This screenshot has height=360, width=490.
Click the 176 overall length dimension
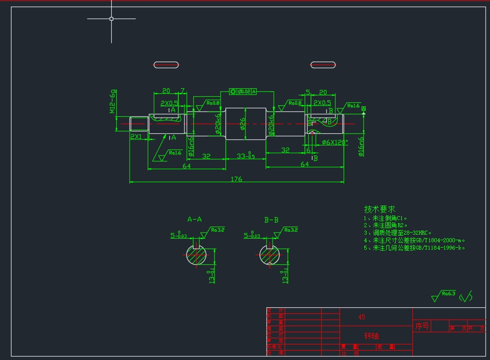(x=236, y=179)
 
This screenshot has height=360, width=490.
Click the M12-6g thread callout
(x=113, y=102)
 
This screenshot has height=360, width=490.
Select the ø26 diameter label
(x=243, y=123)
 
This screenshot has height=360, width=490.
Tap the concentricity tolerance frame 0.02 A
(x=243, y=91)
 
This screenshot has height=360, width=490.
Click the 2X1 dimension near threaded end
(x=136, y=136)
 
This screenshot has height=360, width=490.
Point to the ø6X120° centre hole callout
(x=335, y=142)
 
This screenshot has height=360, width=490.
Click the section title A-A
(x=194, y=219)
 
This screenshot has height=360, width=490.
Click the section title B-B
(x=271, y=220)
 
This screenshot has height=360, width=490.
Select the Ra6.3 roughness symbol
(x=444, y=295)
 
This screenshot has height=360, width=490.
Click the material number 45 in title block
(x=362, y=317)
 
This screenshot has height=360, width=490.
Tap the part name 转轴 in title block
(x=372, y=335)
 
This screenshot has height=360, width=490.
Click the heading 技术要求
(x=379, y=209)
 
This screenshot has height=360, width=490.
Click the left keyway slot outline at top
(x=166, y=65)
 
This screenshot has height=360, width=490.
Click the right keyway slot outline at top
(x=323, y=65)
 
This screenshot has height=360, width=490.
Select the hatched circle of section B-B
(x=270, y=256)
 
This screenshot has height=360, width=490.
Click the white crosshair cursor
(x=111, y=19)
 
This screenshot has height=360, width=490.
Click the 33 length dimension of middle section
(x=245, y=156)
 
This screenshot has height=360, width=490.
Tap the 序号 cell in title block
(x=422, y=326)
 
